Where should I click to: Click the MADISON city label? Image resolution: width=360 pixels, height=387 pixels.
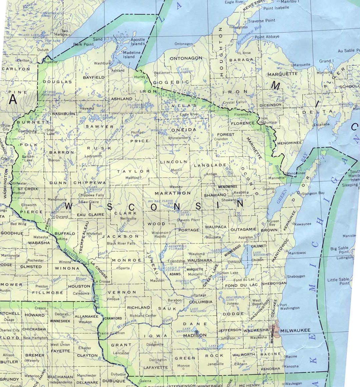click(195, 335)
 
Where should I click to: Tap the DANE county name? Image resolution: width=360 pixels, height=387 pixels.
click(191, 324)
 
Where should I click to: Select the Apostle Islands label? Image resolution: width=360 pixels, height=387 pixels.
click(138, 42)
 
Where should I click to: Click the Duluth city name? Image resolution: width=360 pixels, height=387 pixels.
click(43, 50)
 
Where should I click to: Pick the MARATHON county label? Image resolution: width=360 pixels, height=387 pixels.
click(172, 193)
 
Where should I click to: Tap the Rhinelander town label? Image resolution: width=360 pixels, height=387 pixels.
click(178, 138)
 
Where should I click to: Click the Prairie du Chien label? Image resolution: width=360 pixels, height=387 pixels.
click(111, 333)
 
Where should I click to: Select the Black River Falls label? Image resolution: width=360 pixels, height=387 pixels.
click(121, 243)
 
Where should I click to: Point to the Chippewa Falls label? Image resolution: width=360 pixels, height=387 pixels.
click(91, 195)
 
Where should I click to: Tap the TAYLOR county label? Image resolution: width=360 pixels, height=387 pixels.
click(133, 171)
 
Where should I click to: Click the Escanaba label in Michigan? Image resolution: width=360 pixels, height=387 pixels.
click(321, 124)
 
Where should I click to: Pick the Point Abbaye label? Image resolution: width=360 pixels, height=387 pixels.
click(267, 37)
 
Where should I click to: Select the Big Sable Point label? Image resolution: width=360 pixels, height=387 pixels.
click(339, 250)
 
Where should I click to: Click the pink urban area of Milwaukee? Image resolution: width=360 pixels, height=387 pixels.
click(277, 329)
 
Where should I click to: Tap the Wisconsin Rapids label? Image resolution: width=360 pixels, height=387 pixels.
click(160, 234)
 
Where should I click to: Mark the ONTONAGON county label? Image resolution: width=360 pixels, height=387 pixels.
click(186, 58)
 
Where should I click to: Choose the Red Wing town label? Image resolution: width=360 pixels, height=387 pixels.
click(18, 224)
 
